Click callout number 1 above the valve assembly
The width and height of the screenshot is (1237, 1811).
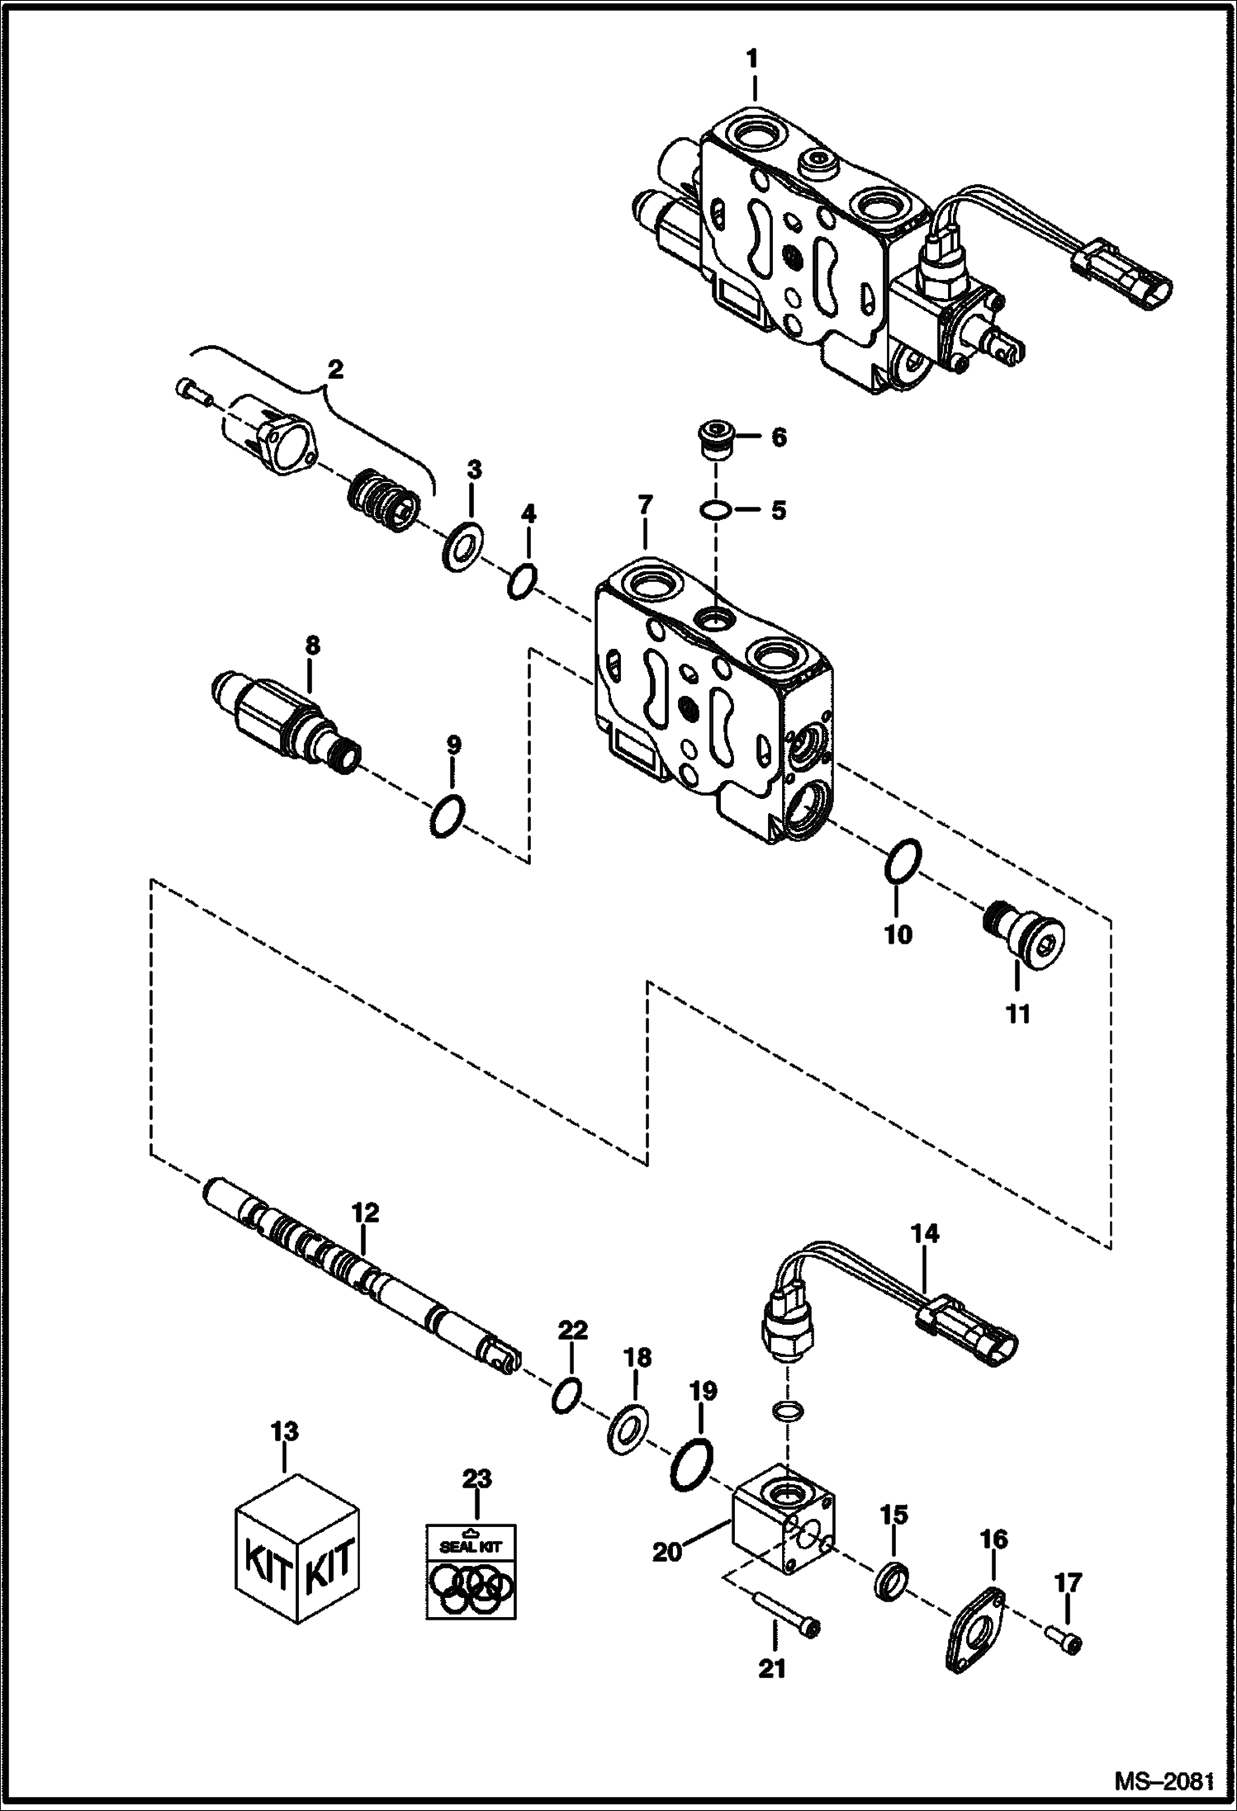pyautogui.click(x=751, y=60)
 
